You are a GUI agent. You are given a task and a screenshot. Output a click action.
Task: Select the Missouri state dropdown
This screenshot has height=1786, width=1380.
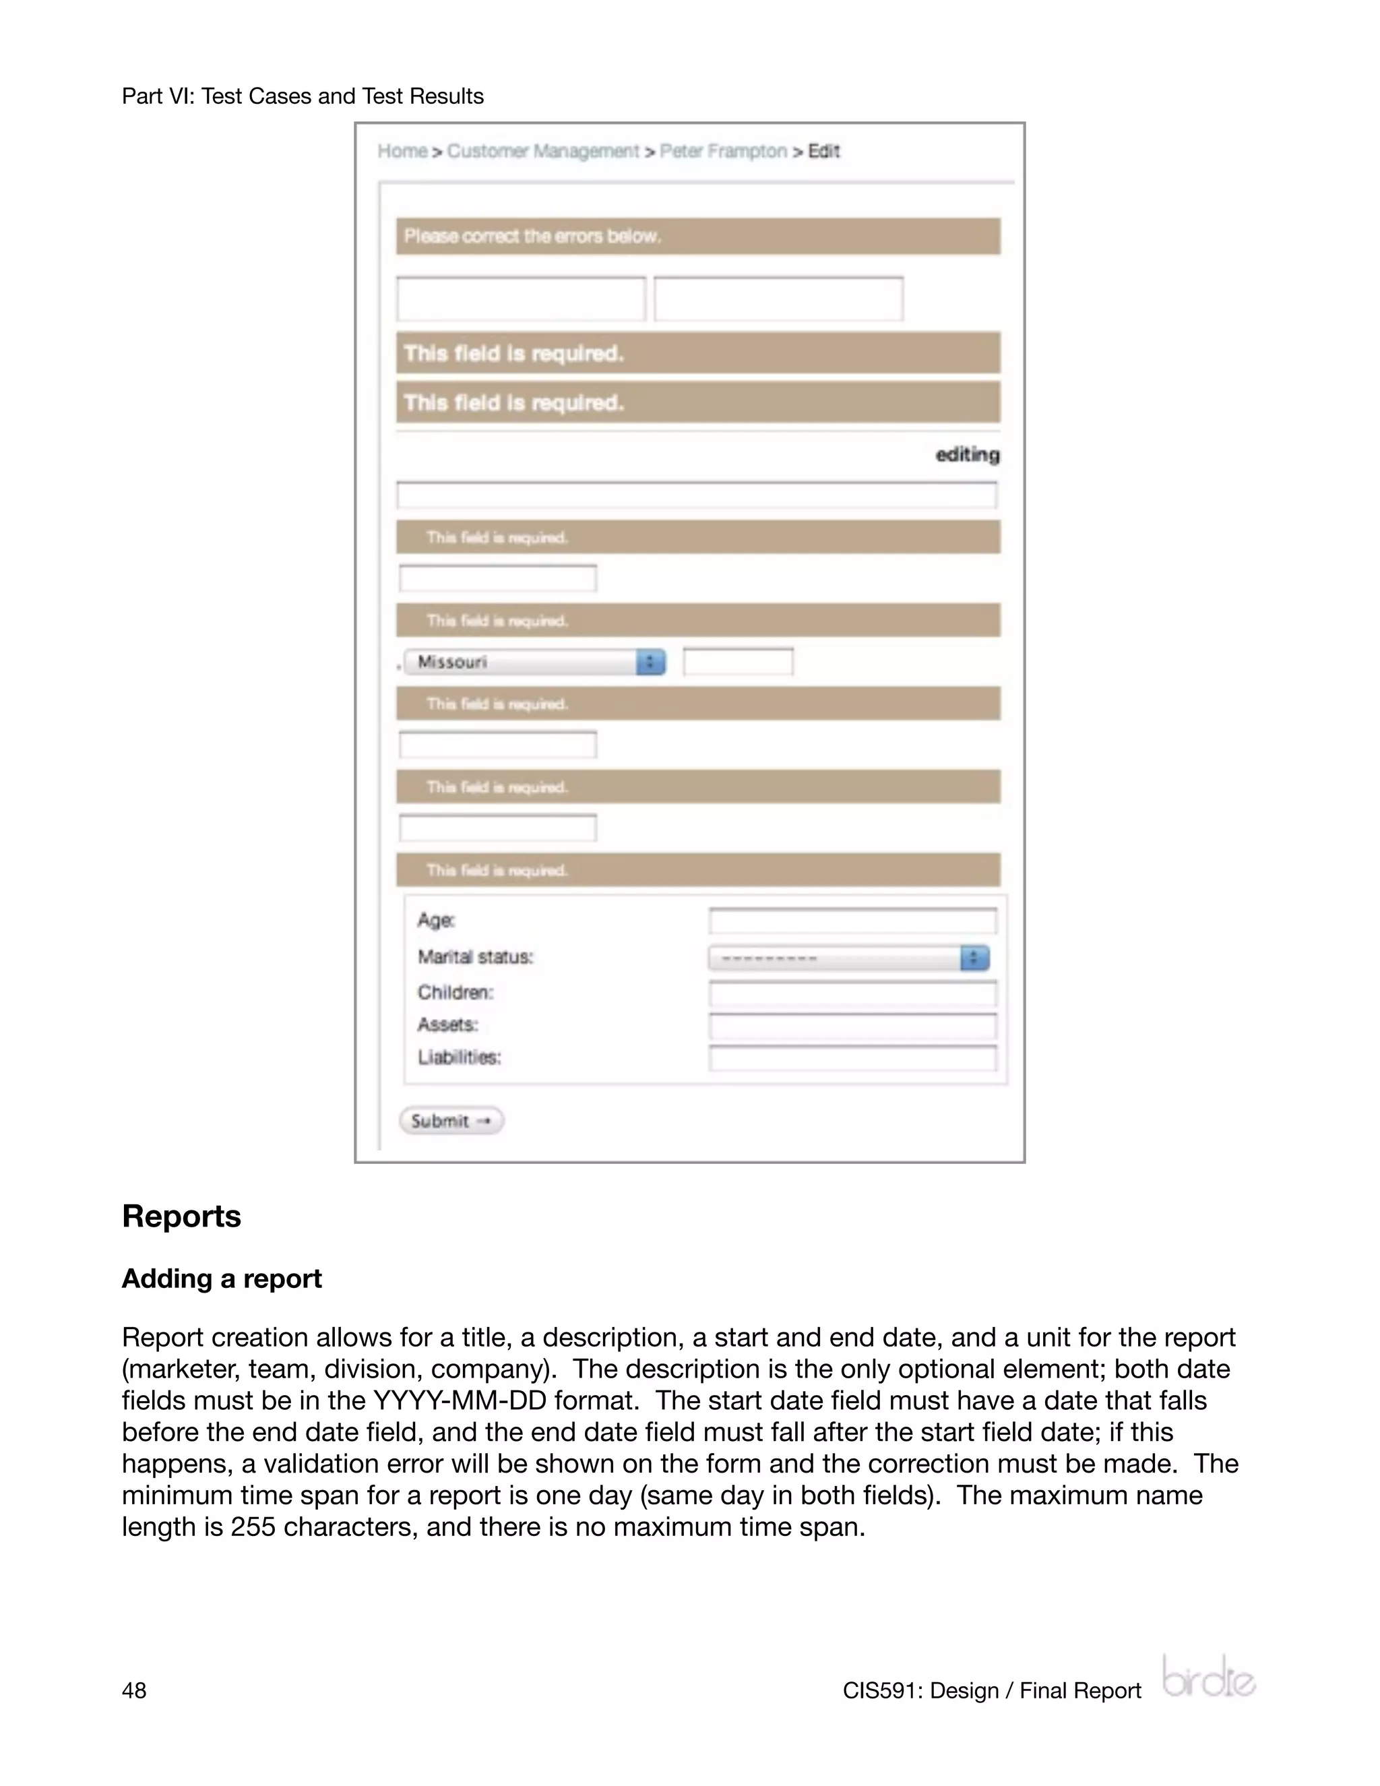coord(534,662)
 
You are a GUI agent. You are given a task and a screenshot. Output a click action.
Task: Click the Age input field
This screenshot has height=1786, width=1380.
coord(852,921)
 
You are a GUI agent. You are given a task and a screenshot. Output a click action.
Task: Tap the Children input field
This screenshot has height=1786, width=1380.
coord(852,993)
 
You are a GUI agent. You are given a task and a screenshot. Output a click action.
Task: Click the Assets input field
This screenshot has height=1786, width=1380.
coord(852,1026)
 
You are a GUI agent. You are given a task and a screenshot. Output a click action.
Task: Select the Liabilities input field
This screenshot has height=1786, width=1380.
coord(852,1058)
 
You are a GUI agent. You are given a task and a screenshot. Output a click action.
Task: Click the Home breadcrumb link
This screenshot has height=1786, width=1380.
coord(402,151)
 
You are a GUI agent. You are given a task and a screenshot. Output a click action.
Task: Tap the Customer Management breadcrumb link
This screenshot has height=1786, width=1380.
coord(543,151)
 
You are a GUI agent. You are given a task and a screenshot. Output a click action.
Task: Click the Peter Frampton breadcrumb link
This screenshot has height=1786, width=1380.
coord(723,151)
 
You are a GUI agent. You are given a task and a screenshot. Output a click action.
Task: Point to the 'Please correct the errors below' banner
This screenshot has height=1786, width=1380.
coord(697,237)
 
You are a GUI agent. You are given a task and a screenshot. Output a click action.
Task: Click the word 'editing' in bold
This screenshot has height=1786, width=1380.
coord(967,455)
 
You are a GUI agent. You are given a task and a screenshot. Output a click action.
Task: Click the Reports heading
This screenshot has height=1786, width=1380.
coord(181,1216)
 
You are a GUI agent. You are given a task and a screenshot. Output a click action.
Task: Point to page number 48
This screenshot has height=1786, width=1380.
coord(134,1690)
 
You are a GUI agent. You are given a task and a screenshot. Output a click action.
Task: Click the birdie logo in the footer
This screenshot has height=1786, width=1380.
coord(1208,1678)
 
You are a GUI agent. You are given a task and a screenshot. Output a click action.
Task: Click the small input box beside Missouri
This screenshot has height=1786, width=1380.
coord(737,662)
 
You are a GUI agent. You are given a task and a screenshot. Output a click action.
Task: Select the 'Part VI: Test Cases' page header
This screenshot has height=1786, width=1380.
coord(303,96)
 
